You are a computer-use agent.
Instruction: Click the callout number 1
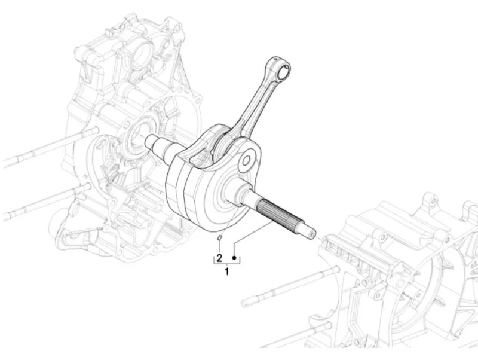226,271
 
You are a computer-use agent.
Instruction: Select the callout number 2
219,258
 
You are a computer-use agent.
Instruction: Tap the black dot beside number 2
234,258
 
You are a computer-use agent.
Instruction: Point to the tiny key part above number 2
219,237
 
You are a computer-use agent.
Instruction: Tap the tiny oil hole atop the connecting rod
275,58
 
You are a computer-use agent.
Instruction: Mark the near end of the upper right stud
244,303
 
